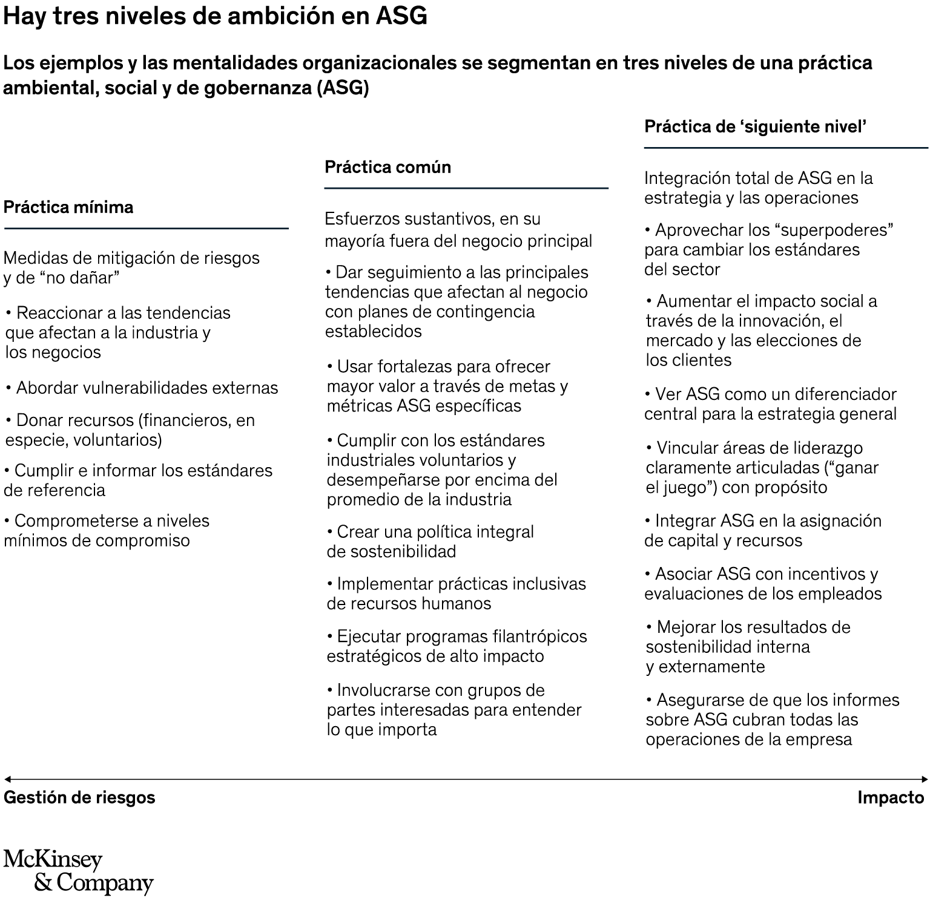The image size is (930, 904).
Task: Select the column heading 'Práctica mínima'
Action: (x=68, y=208)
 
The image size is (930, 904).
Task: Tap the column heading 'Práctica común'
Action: (x=387, y=167)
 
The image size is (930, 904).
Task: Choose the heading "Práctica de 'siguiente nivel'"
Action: (x=755, y=127)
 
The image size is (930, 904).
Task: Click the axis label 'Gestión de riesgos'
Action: (x=79, y=798)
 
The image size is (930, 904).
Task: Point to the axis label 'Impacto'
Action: (x=891, y=798)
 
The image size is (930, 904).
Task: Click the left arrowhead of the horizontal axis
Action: (x=7, y=779)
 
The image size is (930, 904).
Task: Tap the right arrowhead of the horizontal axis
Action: (x=924, y=779)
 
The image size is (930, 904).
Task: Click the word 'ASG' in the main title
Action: (x=401, y=16)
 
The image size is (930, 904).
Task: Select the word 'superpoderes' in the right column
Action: (x=835, y=231)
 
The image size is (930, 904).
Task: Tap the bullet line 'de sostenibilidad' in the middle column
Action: (x=391, y=552)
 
